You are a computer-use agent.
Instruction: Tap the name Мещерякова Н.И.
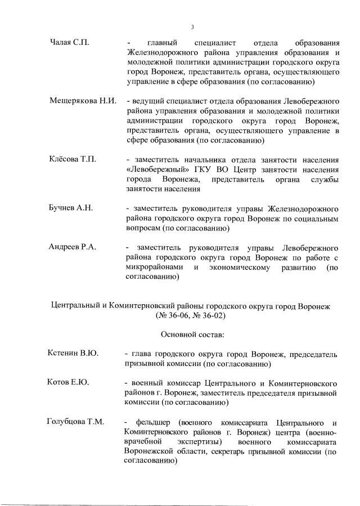(83, 101)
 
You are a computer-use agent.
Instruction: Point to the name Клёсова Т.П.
(73, 159)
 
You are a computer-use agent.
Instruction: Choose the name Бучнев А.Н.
(71, 208)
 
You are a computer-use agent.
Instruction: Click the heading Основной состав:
(192, 335)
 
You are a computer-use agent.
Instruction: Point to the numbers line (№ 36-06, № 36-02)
(192, 316)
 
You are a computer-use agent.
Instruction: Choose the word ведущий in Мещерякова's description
(146, 101)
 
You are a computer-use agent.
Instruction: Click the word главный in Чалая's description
(163, 42)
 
